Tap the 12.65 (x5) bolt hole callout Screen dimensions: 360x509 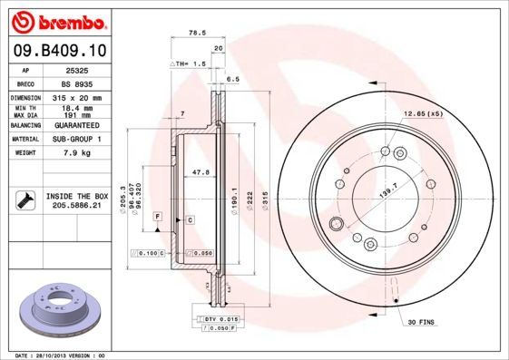[x=422, y=114]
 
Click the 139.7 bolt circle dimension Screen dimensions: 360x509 [x=387, y=183]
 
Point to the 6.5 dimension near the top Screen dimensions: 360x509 [x=232, y=79]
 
